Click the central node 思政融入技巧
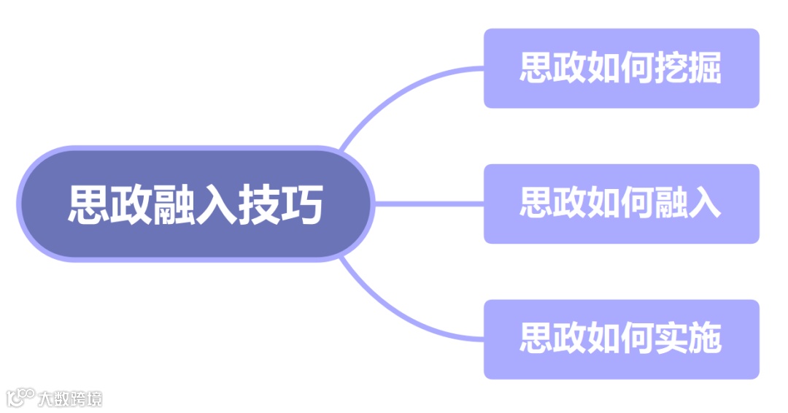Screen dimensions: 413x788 pos(196,204)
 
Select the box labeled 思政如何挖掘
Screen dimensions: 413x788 pos(621,68)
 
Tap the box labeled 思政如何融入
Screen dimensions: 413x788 pos(621,204)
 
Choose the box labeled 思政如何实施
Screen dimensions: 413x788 pos(621,339)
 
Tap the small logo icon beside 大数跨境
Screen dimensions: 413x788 pos(20,398)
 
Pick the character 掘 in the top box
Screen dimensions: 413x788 pos(703,68)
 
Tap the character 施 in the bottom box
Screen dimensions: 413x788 pos(703,339)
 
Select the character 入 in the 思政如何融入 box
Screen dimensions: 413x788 pos(703,204)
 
